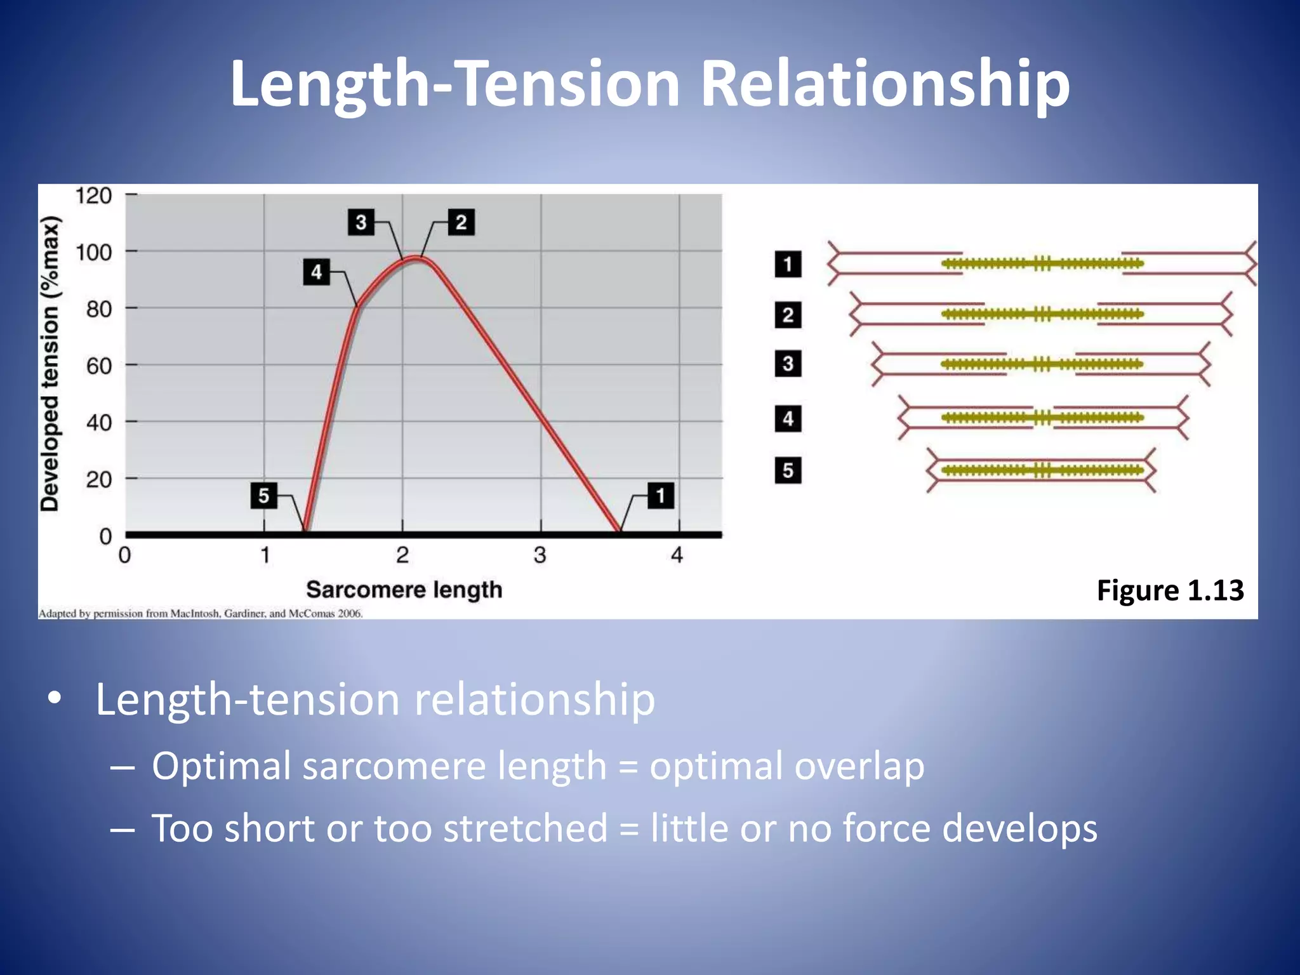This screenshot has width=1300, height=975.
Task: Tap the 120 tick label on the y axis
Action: pos(94,196)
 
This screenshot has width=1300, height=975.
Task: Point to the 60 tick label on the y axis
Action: pos(99,366)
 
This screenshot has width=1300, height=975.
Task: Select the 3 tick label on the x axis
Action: pos(540,555)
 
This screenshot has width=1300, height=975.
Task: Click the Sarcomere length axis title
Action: pos(404,590)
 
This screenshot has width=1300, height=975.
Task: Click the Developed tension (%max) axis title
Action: pos(50,364)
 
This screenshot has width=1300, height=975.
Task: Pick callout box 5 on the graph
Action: pos(264,496)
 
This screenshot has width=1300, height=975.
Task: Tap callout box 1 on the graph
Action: pos(660,496)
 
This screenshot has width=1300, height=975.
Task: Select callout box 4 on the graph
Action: pos(316,272)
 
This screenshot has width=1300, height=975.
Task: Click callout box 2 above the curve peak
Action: pos(461,222)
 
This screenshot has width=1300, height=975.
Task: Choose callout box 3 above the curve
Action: pos(361,222)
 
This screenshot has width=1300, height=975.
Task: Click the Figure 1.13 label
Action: pos(1170,590)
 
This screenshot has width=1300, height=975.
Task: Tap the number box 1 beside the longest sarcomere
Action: pos(788,264)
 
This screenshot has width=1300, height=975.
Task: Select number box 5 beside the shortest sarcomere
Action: pos(788,470)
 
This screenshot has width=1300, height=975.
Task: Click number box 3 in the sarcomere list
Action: pos(788,364)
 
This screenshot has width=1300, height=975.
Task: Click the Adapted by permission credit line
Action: pos(201,614)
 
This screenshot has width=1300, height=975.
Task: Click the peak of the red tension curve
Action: pos(416,257)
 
